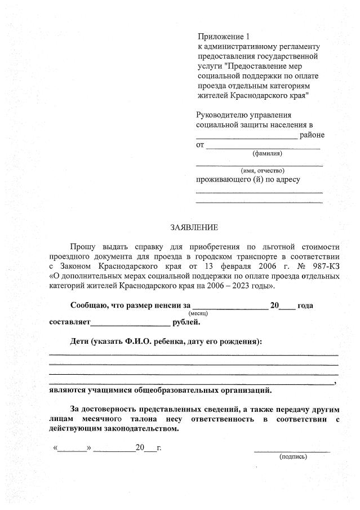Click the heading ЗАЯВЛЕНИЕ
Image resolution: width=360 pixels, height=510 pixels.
[x=194, y=228]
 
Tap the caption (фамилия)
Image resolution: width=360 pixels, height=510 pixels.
[x=267, y=153]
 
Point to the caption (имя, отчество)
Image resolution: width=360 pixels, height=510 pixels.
[x=263, y=170]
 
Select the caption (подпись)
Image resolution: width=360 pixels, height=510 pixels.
[x=293, y=456]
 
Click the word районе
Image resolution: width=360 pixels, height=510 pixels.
[x=312, y=135]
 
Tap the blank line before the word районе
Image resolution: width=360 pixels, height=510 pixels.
[x=246, y=137]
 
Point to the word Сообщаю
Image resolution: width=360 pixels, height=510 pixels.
[x=90, y=305]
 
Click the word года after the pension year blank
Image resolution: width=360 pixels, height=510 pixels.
[x=305, y=305]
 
